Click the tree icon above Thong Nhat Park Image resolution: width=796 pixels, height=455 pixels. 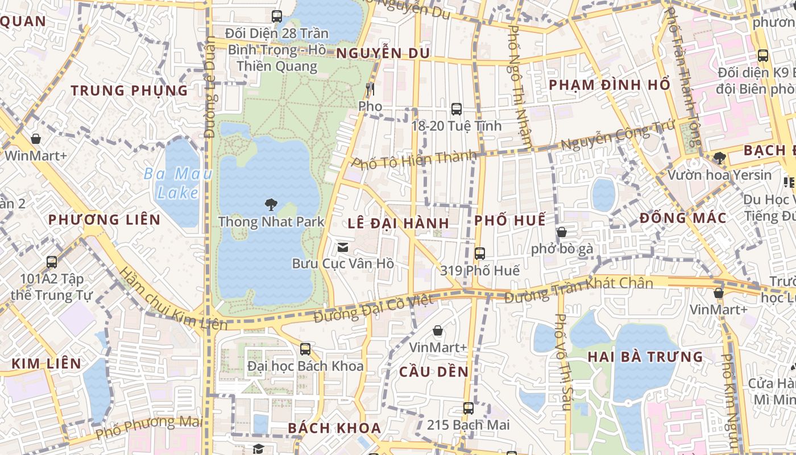click(x=271, y=204)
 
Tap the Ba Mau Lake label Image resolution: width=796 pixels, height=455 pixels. click(x=178, y=183)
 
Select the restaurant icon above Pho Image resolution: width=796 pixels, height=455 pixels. click(x=370, y=89)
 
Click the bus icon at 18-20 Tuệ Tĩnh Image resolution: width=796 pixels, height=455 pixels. click(x=456, y=109)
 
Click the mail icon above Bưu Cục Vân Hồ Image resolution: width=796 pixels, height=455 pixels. click(x=343, y=247)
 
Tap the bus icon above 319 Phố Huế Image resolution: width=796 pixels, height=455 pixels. click(x=480, y=254)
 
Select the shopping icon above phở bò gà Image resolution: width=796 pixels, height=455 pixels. click(x=562, y=232)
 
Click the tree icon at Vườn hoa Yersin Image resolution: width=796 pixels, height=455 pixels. click(x=719, y=158)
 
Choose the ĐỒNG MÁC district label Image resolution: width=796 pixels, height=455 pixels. click(x=683, y=218)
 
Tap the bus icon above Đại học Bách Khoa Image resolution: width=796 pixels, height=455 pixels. click(x=305, y=349)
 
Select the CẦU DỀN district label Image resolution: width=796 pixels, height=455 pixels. click(x=434, y=372)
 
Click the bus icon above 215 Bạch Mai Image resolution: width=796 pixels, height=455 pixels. click(x=468, y=408)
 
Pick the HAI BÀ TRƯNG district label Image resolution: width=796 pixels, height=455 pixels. click(x=645, y=357)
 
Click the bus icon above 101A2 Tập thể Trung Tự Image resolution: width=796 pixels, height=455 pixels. click(x=52, y=262)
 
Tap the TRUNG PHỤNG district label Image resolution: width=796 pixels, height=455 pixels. click(x=130, y=90)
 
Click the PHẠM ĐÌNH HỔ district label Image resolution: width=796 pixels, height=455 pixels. click(x=610, y=85)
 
